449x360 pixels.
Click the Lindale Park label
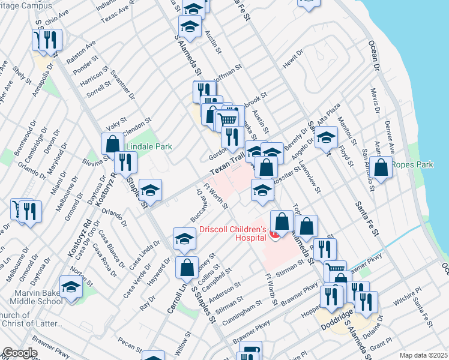148,146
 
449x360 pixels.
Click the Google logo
20,353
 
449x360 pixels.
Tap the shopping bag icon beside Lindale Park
112,143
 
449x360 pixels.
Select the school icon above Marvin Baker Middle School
71,286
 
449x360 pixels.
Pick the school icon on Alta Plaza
326,137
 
